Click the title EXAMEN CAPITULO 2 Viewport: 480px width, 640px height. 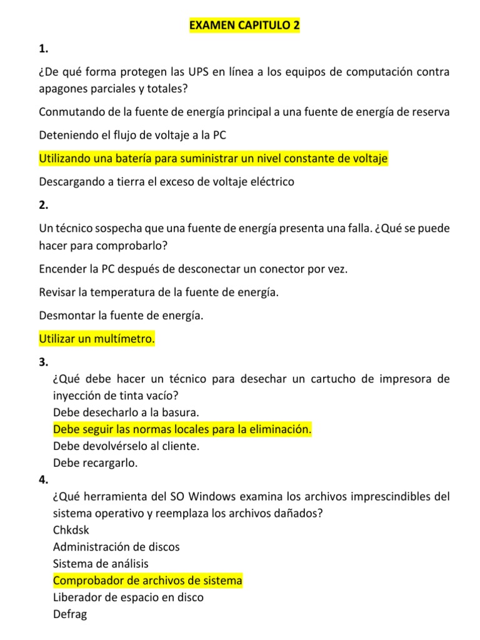pyautogui.click(x=244, y=26)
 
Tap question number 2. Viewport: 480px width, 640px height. pyautogui.click(x=42, y=205)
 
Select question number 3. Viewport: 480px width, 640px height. pyautogui.click(x=42, y=362)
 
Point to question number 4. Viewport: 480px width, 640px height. pyautogui.click(x=42, y=480)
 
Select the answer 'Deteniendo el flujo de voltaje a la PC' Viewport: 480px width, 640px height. pyautogui.click(x=132, y=135)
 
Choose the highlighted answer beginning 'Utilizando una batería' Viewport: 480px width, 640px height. pyautogui.click(x=213, y=159)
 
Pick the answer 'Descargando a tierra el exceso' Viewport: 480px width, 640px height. pyautogui.click(x=166, y=182)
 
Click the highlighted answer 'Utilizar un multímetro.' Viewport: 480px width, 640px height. pyautogui.click(x=97, y=339)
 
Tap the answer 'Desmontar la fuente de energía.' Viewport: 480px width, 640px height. pyautogui.click(x=121, y=316)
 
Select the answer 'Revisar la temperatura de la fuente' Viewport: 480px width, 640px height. pyautogui.click(x=159, y=292)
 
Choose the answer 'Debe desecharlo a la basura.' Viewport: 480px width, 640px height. pyautogui.click(x=126, y=412)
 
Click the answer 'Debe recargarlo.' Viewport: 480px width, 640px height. pyautogui.click(x=96, y=463)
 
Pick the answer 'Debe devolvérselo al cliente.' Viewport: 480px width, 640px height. pyautogui.click(x=127, y=446)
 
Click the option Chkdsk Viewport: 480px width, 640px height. pyautogui.click(x=71, y=530)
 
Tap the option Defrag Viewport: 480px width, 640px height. pyautogui.click(x=70, y=614)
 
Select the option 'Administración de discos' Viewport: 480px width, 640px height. pyautogui.click(x=116, y=547)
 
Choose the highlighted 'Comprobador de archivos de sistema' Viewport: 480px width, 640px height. pyautogui.click(x=147, y=581)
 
